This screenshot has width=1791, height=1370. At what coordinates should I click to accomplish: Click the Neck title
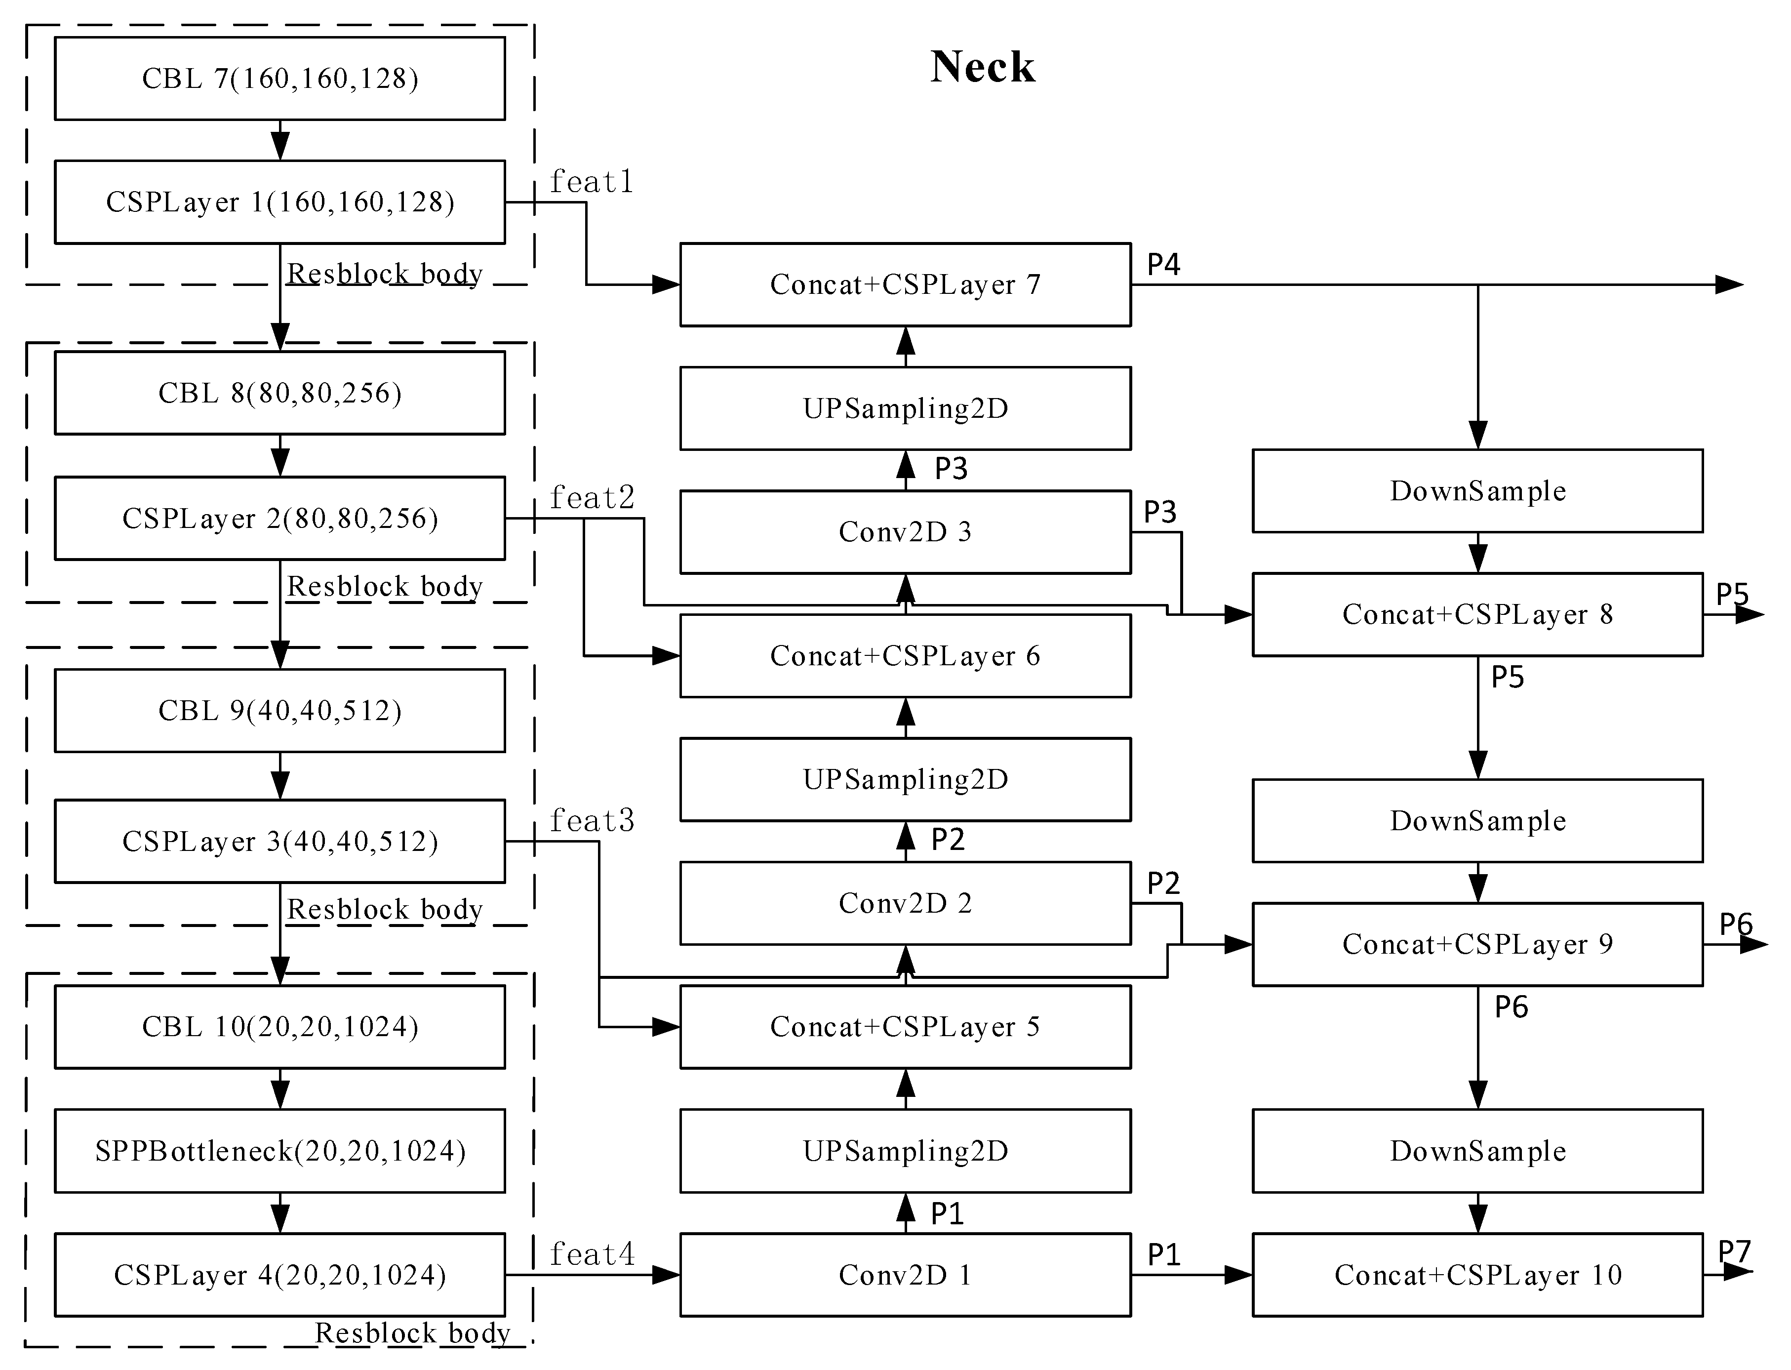(982, 67)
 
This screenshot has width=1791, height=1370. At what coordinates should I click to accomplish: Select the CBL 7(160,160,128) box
(279, 79)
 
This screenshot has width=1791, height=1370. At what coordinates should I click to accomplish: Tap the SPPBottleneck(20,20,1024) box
(279, 1151)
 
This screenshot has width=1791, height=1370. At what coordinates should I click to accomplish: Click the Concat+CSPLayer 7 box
(905, 284)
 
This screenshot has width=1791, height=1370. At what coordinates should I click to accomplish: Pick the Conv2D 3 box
(905, 532)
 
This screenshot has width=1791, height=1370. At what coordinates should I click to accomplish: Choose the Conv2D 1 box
(905, 1275)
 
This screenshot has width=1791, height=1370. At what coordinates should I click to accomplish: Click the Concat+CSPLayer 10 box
(1477, 1275)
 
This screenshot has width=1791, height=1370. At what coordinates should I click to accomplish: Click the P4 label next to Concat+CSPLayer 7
(1163, 264)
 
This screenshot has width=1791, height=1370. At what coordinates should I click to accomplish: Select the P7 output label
(1734, 1251)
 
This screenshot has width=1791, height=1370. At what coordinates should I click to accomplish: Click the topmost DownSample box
(1477, 491)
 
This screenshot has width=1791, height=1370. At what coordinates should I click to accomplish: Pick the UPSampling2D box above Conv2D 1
(905, 1151)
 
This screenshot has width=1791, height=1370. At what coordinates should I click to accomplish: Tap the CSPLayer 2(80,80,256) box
(279, 518)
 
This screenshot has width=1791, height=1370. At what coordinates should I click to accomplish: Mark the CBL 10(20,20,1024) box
(279, 1027)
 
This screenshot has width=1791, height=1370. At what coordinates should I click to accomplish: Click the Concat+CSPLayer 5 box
(905, 1027)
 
